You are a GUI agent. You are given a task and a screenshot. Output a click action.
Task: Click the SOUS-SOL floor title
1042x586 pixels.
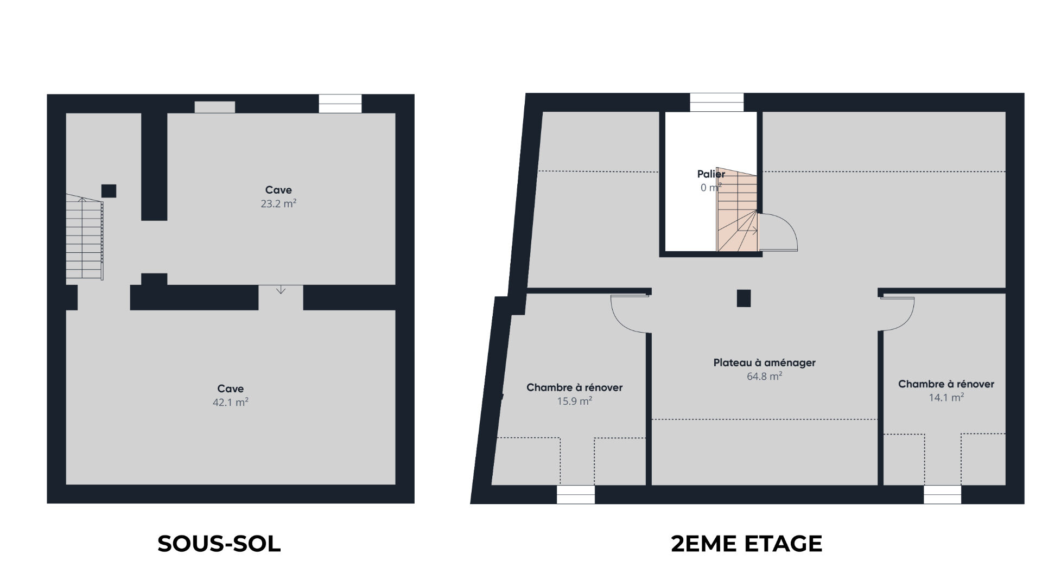[219, 544]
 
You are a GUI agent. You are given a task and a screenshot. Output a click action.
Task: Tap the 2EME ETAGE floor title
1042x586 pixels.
[747, 544]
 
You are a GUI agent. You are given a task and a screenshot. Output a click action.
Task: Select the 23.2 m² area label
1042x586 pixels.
[278, 203]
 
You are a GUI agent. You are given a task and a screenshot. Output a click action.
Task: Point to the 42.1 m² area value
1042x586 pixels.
[231, 402]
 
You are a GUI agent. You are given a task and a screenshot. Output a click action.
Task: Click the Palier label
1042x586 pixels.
[711, 174]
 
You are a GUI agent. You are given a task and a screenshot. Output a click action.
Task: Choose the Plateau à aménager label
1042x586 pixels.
[764, 362]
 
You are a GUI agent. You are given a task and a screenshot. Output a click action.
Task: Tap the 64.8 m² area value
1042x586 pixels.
[764, 376]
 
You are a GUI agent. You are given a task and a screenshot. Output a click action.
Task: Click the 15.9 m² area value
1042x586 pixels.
[574, 401]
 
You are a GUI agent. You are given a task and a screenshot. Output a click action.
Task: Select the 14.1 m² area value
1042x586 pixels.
[946, 397]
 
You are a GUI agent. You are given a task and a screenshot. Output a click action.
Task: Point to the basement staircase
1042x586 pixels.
[85, 238]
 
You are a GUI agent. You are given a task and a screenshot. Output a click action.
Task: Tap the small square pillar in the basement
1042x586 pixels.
[109, 191]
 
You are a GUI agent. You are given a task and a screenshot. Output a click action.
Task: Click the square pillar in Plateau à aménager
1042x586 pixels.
[744, 298]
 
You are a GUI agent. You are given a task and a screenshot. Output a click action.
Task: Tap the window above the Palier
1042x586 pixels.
[716, 103]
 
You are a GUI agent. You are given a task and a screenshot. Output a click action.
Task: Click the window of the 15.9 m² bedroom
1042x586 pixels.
[576, 495]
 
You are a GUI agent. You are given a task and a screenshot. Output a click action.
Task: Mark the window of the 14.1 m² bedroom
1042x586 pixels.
[943, 495]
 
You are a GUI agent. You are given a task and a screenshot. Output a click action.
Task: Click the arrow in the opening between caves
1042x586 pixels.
[281, 290]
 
